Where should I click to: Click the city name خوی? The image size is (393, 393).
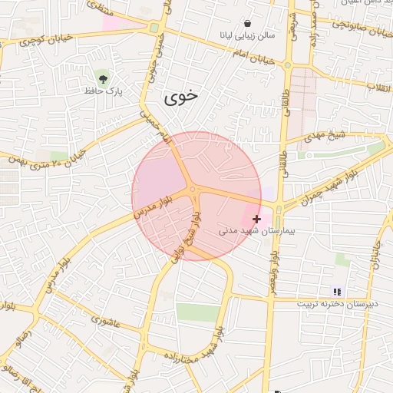click(181, 97)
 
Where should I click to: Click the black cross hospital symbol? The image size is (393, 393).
click(256, 219)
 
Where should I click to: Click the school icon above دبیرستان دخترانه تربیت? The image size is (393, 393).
click(337, 291)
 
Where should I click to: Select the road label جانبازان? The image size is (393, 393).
click(375, 253)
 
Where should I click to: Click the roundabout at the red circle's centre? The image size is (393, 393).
click(192, 189)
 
